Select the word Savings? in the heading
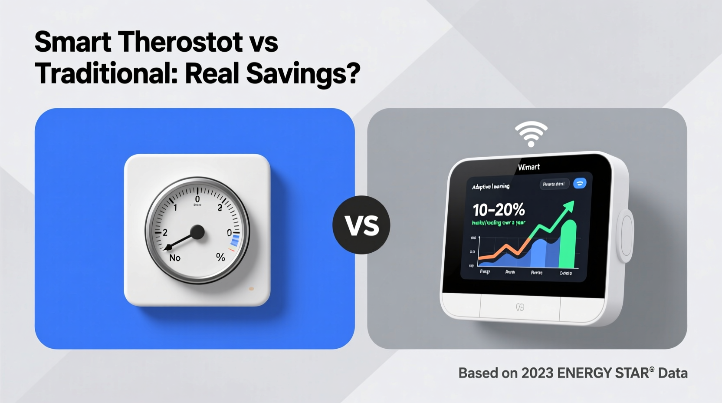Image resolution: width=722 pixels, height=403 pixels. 303,74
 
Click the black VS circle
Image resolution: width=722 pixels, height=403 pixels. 361,225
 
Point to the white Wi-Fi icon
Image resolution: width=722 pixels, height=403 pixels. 531,133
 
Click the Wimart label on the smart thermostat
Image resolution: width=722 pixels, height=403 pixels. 529,167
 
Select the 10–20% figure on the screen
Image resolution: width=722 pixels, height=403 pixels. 499,210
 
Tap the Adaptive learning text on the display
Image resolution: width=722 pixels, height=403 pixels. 491,186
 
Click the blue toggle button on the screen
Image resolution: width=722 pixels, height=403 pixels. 580,183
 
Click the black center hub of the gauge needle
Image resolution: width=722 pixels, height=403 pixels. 197,232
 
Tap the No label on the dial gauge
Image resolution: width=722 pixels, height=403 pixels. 175,258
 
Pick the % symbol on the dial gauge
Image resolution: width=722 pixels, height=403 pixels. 220,257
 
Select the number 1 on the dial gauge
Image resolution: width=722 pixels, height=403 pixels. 175,208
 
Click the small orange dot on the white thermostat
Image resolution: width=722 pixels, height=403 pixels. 251,288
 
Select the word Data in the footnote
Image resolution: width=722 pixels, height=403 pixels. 673,373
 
